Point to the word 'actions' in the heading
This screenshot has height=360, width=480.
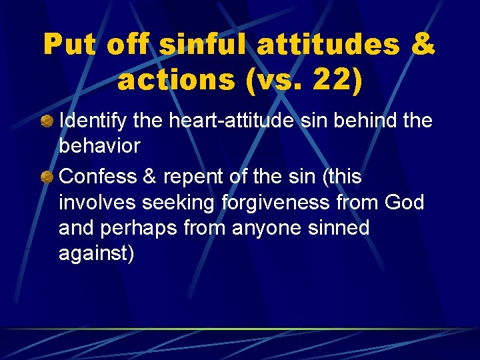pos(174,79)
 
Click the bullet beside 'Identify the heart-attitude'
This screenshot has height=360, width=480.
pos(47,121)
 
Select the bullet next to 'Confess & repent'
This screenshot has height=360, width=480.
pos(47,177)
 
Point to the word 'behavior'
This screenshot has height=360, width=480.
pos(100,145)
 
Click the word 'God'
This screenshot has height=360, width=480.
pos(404,202)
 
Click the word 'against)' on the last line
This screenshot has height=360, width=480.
pos(97,254)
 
